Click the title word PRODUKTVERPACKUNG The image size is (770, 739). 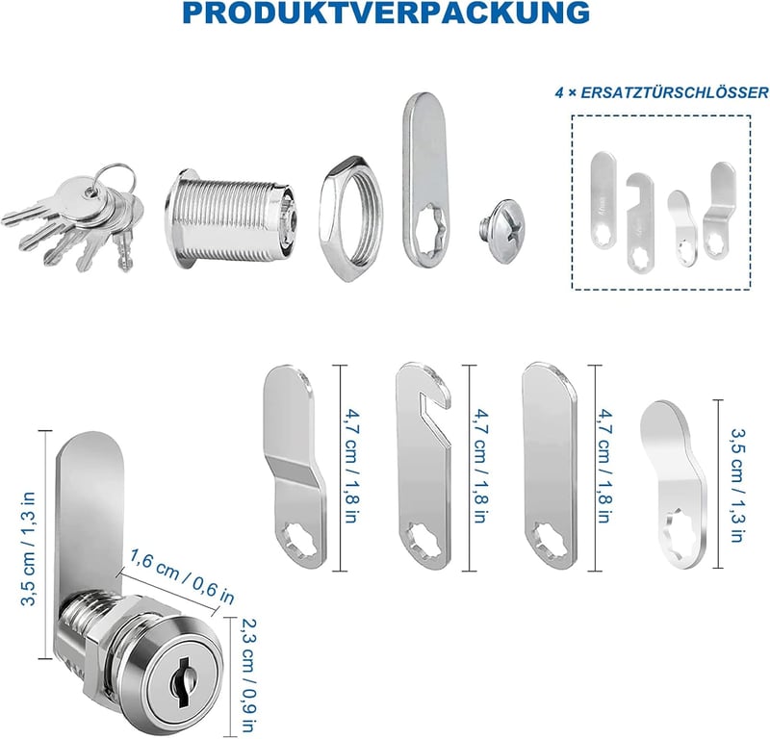[386, 13]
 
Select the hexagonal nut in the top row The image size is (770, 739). [350, 218]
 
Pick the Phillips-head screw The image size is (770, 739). [500, 230]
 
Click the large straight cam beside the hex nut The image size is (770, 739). [425, 178]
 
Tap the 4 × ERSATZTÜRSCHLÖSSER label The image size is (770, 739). [661, 92]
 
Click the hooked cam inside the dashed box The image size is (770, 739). [640, 221]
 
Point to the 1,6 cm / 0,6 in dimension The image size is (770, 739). [181, 576]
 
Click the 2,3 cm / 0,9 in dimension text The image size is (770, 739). [249, 674]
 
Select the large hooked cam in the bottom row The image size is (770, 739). [423, 467]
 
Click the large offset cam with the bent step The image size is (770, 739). [294, 468]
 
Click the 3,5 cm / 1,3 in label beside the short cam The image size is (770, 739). [737, 485]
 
